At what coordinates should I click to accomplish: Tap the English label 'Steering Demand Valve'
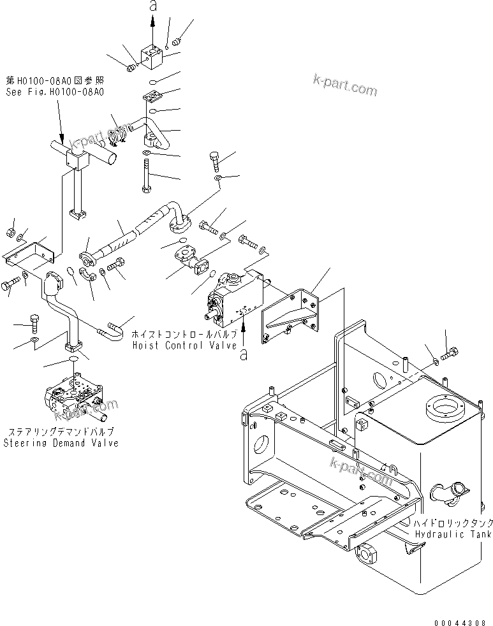pos(61,443)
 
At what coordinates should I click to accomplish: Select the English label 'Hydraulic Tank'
pos(453,534)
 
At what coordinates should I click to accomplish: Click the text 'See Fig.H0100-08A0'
pos(55,92)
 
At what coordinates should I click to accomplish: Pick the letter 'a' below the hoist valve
pos(243,356)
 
